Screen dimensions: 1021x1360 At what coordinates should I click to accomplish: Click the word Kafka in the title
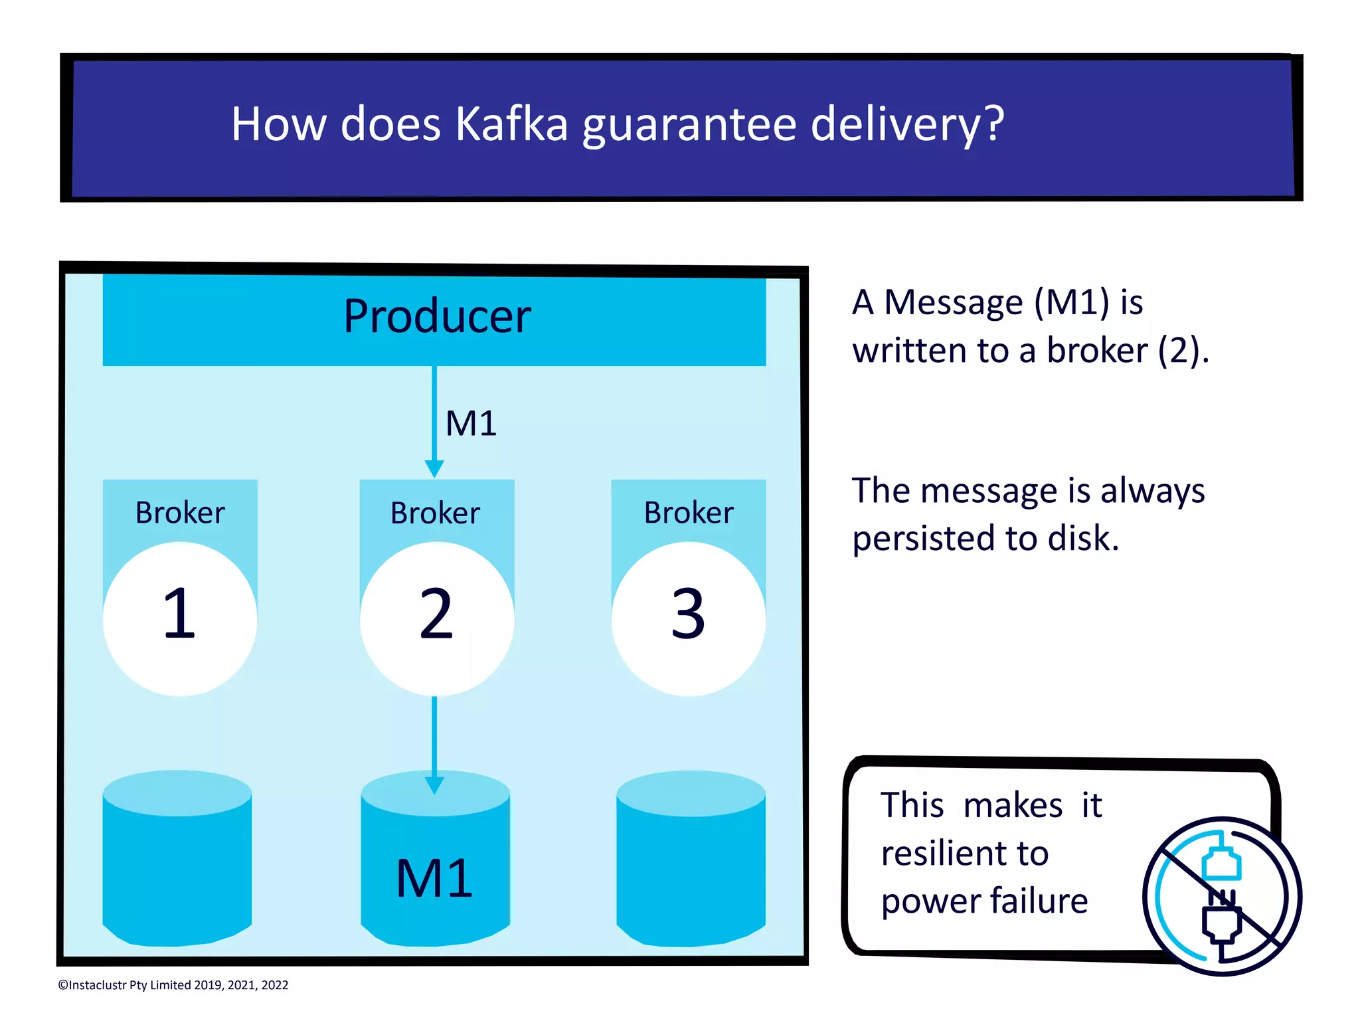click(511, 124)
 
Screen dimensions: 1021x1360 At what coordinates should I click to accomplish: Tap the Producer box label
click(437, 316)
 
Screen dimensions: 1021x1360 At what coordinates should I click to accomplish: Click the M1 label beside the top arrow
click(471, 423)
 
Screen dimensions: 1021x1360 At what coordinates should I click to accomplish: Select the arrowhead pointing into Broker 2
click(434, 468)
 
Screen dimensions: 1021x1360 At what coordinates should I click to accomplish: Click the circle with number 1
click(179, 618)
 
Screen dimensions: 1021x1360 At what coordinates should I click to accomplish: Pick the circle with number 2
click(436, 618)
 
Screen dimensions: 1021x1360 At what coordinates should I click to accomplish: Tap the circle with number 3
click(688, 618)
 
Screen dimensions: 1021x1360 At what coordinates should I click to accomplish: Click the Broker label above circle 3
click(689, 513)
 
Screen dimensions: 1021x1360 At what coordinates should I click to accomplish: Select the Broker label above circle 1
click(180, 513)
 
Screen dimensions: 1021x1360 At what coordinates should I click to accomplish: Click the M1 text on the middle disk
click(434, 878)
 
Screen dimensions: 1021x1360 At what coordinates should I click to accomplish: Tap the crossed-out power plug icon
click(1222, 896)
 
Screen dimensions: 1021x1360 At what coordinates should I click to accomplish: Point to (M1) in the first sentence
click(1071, 302)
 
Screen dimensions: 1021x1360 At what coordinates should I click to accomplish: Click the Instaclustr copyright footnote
click(173, 985)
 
